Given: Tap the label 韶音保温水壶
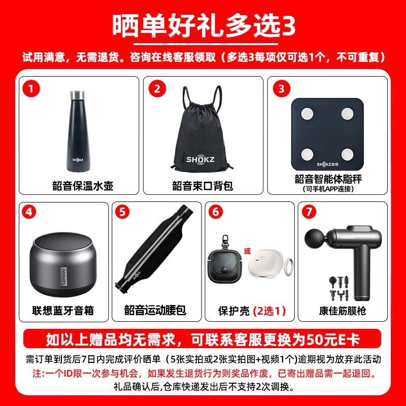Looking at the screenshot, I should pos(82,186).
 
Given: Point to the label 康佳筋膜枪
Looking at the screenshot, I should pos(343,311).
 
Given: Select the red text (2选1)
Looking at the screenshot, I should pos(270,311).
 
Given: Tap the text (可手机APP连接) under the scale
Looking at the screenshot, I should pos(327,189).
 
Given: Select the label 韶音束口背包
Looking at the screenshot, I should pos(202,186).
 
